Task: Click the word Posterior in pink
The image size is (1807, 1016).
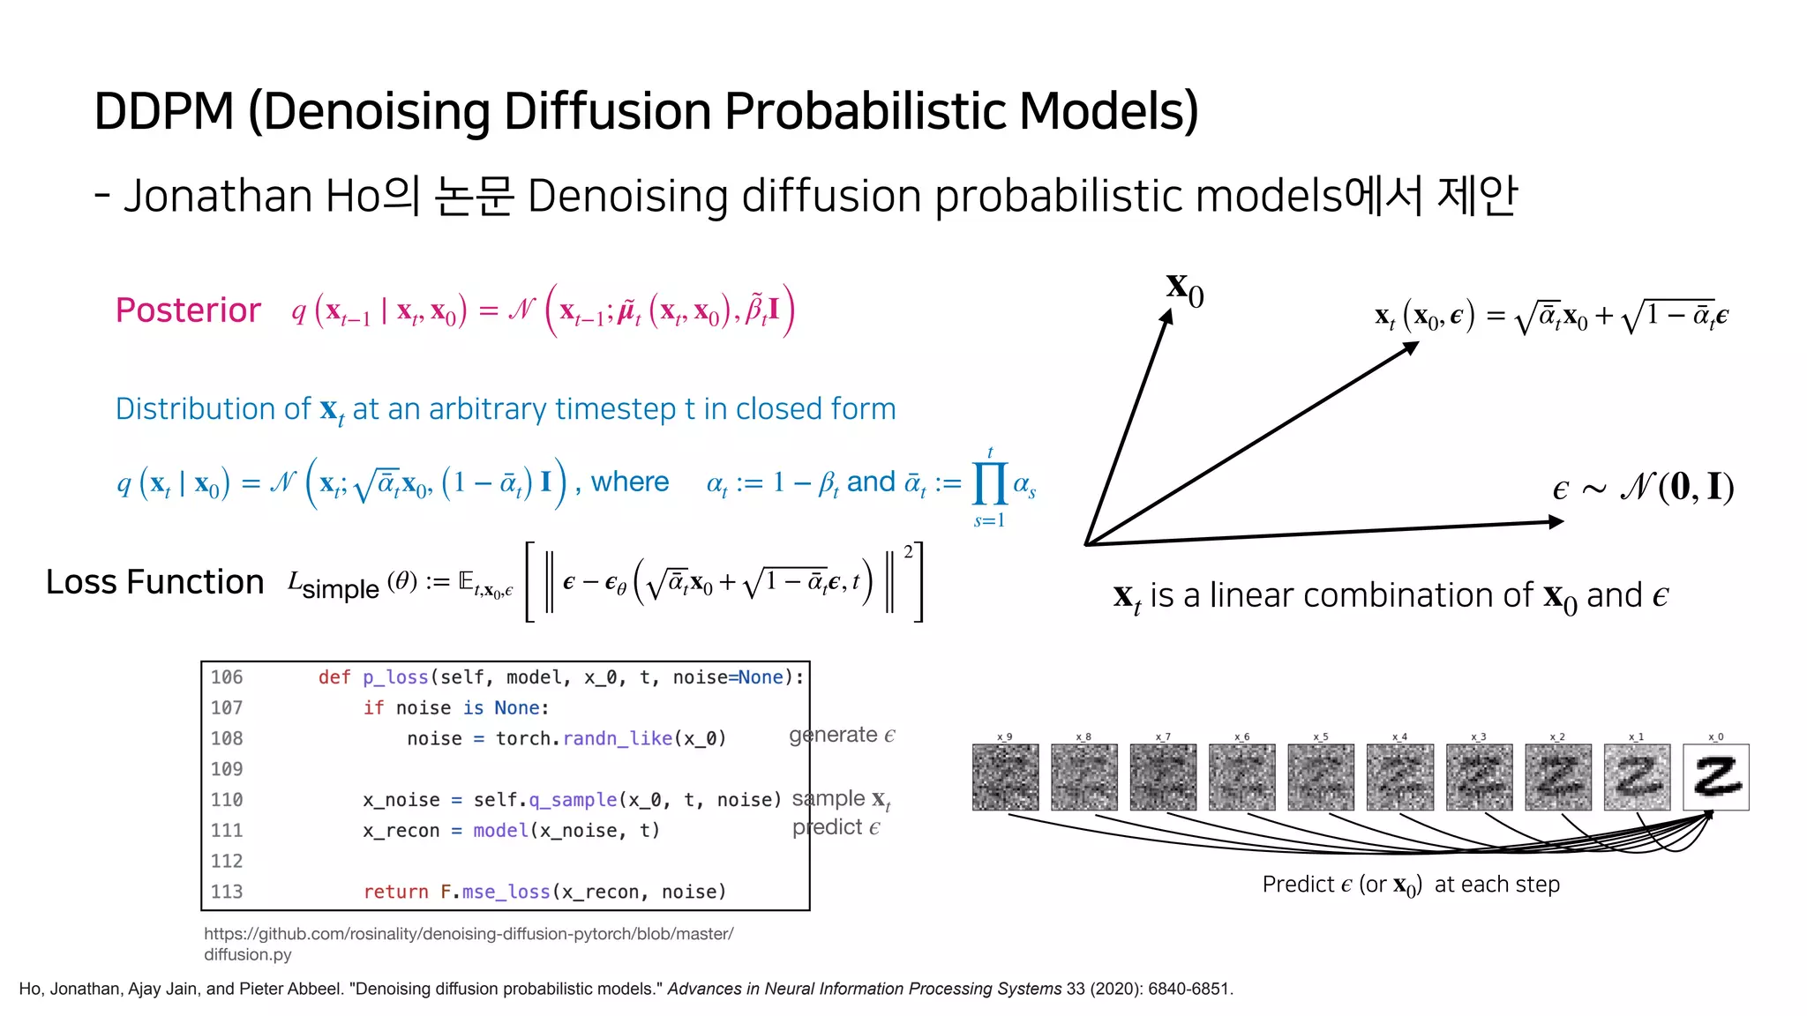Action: click(x=188, y=310)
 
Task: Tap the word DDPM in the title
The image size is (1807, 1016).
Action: click(x=164, y=111)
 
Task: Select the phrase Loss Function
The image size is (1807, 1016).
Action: click(x=154, y=582)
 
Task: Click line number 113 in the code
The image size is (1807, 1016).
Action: click(x=227, y=892)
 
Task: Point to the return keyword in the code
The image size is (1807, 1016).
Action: click(x=395, y=892)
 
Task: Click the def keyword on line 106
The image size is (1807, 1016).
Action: click(x=334, y=677)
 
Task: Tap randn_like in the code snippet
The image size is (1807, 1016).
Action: click(x=618, y=738)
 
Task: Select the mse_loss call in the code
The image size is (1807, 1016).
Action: click(x=506, y=892)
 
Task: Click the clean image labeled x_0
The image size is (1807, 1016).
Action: click(x=1715, y=777)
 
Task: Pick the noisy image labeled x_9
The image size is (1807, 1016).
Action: click(x=1005, y=777)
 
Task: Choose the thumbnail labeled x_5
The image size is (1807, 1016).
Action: click(x=1320, y=777)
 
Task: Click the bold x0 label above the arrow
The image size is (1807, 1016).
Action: click(x=1184, y=289)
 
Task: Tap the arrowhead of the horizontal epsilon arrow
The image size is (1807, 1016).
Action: click(x=1556, y=522)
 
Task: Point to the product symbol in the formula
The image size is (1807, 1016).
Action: click(x=989, y=484)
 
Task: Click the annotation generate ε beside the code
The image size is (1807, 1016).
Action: click(x=842, y=735)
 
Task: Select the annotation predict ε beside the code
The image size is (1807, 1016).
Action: click(x=836, y=827)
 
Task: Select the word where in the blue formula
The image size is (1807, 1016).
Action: click(x=630, y=482)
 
